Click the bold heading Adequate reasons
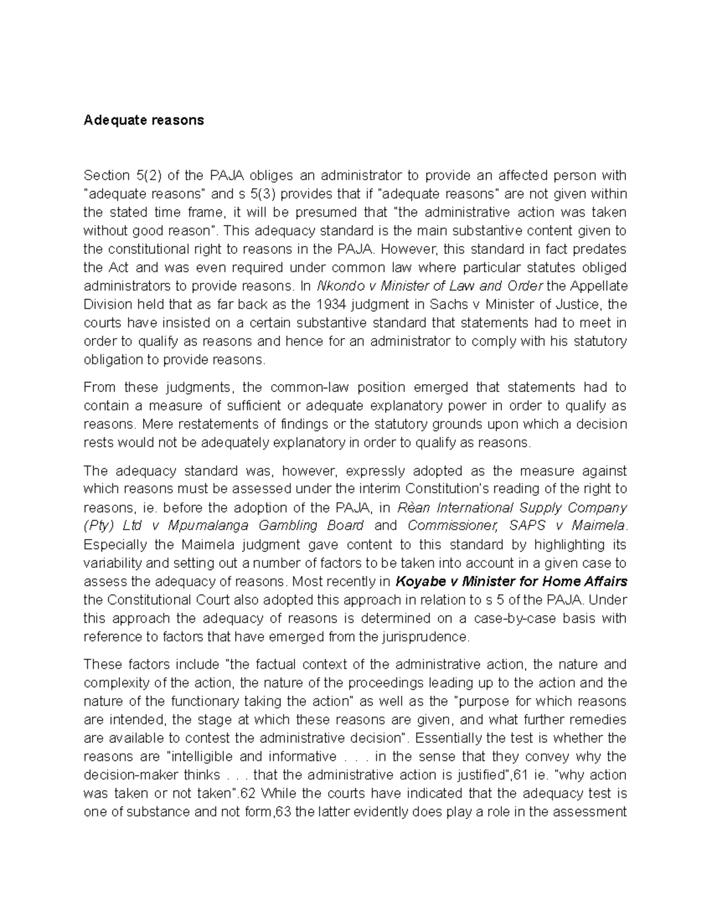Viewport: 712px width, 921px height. tap(144, 120)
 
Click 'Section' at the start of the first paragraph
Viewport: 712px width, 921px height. tap(107, 176)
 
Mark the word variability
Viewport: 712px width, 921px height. tap(113, 563)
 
